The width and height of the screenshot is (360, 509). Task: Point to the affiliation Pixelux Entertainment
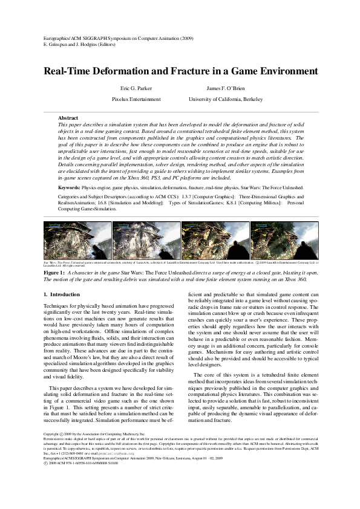136,99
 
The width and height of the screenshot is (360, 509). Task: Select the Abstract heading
68,117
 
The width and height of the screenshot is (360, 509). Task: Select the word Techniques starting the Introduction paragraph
57,307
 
